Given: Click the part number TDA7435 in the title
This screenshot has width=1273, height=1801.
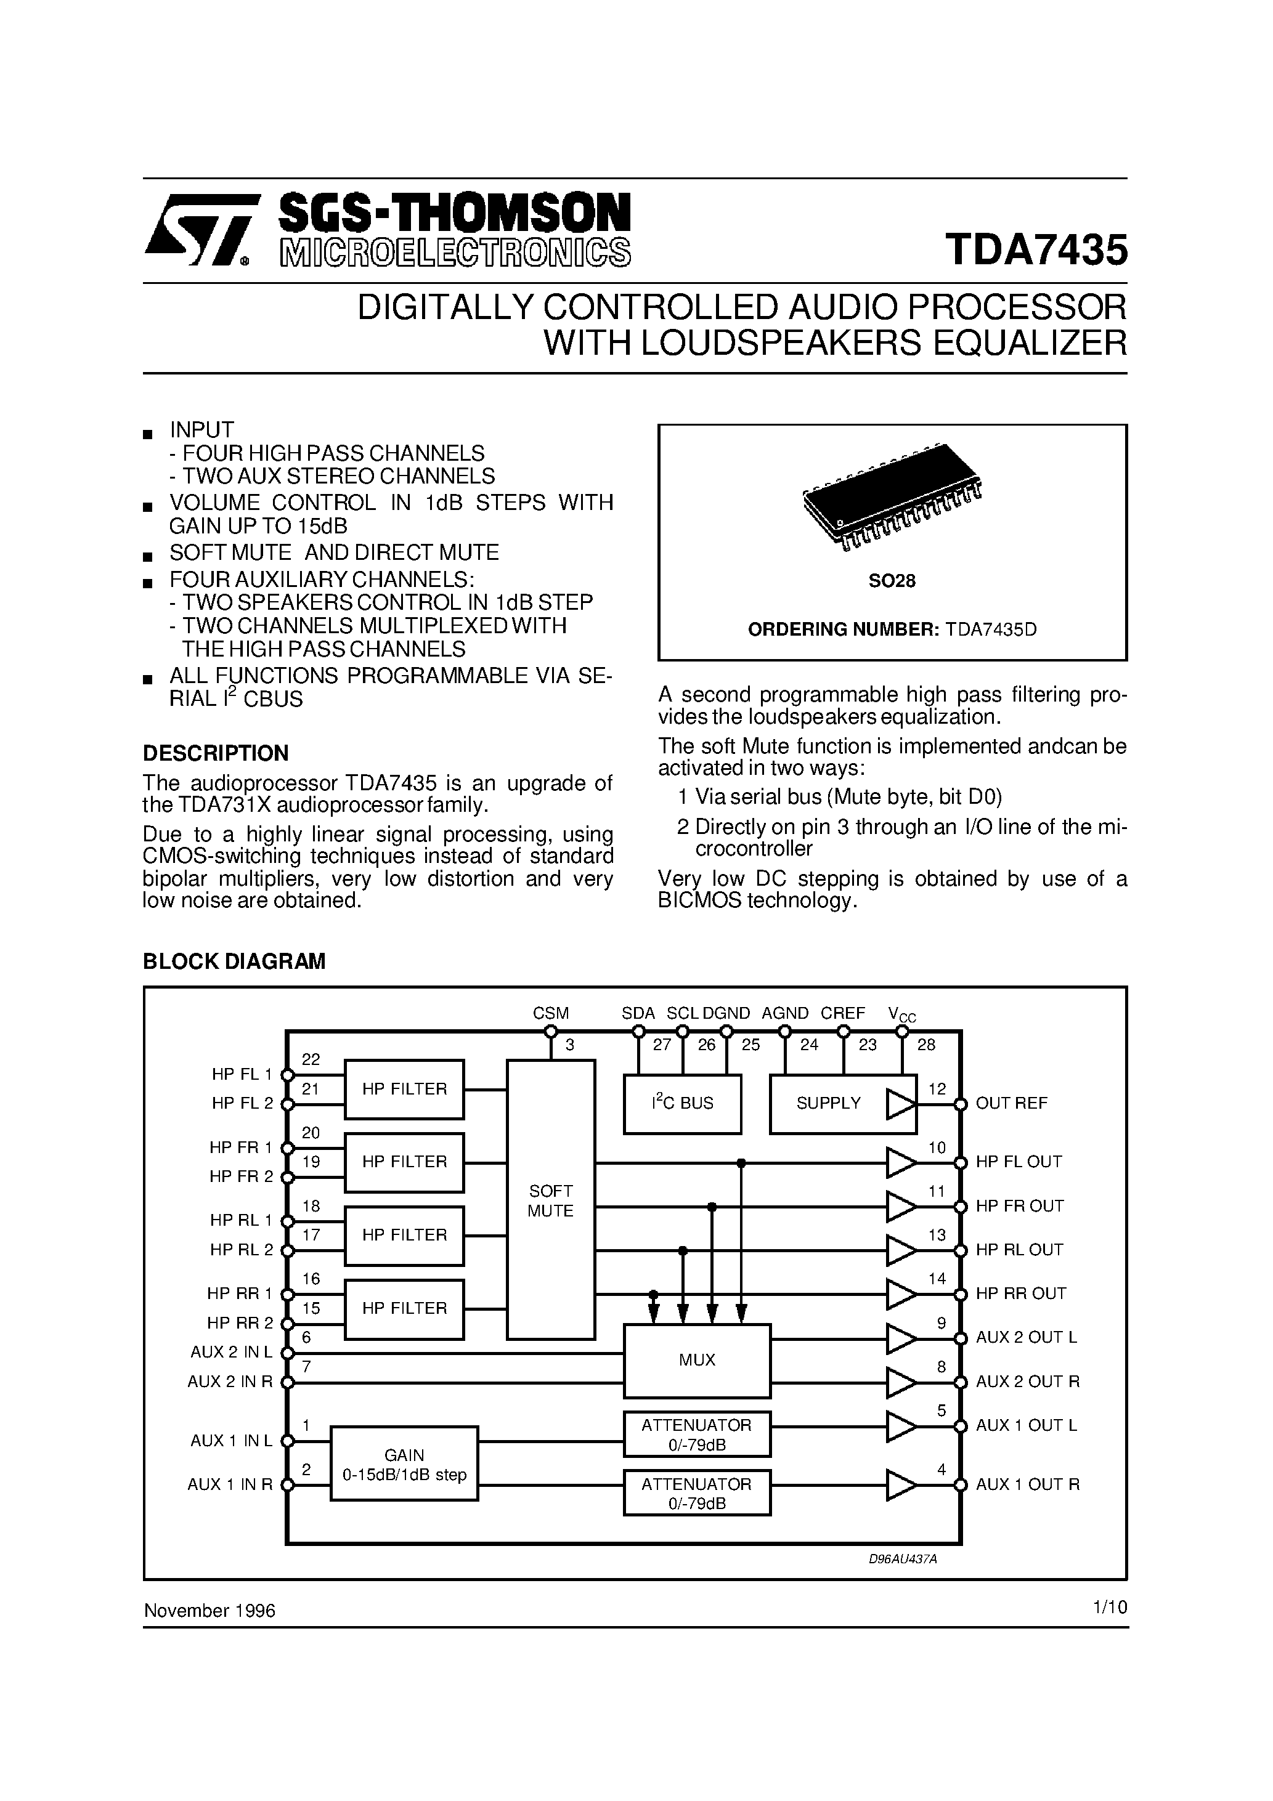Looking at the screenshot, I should pos(1036,249).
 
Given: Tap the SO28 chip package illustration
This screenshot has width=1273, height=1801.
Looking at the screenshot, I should pos(892,496).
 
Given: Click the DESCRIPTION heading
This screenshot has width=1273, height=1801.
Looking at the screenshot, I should pos(216,753).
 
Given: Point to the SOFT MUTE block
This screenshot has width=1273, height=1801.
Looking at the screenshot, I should pos(550,1200).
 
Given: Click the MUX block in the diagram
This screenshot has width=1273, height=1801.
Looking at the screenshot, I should pos(697,1360).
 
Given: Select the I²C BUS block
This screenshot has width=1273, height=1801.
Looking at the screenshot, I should pos(682,1104).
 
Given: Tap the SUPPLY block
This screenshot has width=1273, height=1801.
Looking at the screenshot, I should pos(828,1104).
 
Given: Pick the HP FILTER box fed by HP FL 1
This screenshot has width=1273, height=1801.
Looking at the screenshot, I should pos(404,1089).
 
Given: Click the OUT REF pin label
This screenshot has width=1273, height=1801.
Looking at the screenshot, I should pos(1011,1104).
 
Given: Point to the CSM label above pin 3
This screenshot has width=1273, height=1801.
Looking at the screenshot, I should pos(550,1013).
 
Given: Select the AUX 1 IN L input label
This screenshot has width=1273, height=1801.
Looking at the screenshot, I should pos(232,1441).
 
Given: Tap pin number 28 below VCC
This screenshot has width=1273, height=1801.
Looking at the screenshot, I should pos(926,1045).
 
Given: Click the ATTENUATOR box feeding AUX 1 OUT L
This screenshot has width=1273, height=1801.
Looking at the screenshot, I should pos(697,1434).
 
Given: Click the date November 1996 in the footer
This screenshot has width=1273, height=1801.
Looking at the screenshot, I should pos(209,1611).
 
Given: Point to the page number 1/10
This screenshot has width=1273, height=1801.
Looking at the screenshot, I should pos(1110,1607).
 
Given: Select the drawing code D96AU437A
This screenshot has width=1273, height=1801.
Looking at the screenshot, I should pos(903,1560).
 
